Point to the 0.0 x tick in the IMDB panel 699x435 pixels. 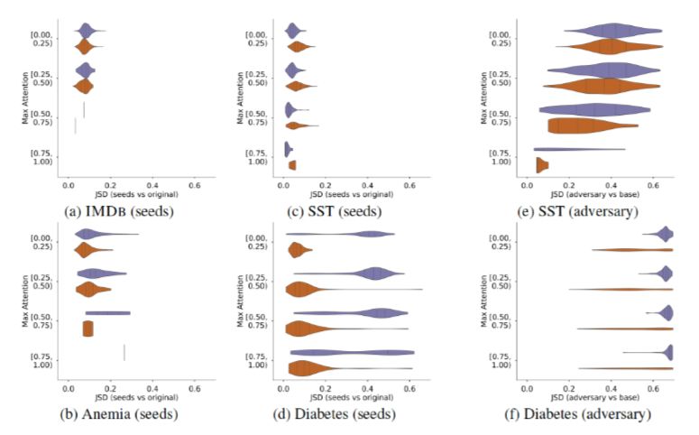(x=69, y=184)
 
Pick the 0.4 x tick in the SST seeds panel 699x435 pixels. (x=367, y=184)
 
